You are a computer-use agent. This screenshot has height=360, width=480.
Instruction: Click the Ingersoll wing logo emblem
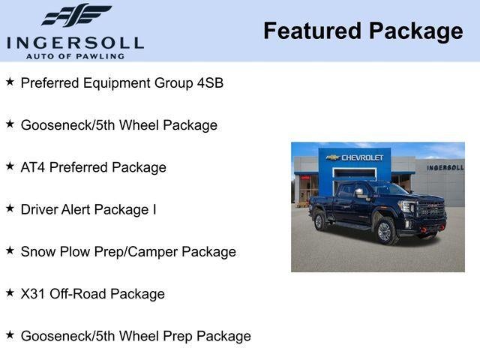(x=76, y=15)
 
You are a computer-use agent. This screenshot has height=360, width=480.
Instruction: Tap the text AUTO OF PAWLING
(x=76, y=55)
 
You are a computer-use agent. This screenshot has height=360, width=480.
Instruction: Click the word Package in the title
(x=415, y=31)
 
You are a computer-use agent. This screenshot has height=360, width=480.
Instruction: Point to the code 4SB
(x=210, y=82)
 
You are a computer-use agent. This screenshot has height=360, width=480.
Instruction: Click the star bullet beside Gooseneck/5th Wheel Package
(x=10, y=124)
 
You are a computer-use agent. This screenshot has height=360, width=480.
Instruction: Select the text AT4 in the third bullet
(x=33, y=167)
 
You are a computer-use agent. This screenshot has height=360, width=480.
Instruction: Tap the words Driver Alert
(x=57, y=209)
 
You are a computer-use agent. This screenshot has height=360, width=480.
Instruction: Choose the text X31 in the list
(x=33, y=294)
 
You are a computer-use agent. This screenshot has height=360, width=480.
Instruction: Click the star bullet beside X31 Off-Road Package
(x=10, y=293)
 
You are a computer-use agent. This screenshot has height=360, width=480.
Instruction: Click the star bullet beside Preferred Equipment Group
(x=10, y=82)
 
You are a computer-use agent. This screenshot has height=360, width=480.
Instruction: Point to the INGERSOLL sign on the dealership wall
(x=445, y=167)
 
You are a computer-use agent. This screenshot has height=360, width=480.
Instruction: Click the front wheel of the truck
(x=386, y=231)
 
